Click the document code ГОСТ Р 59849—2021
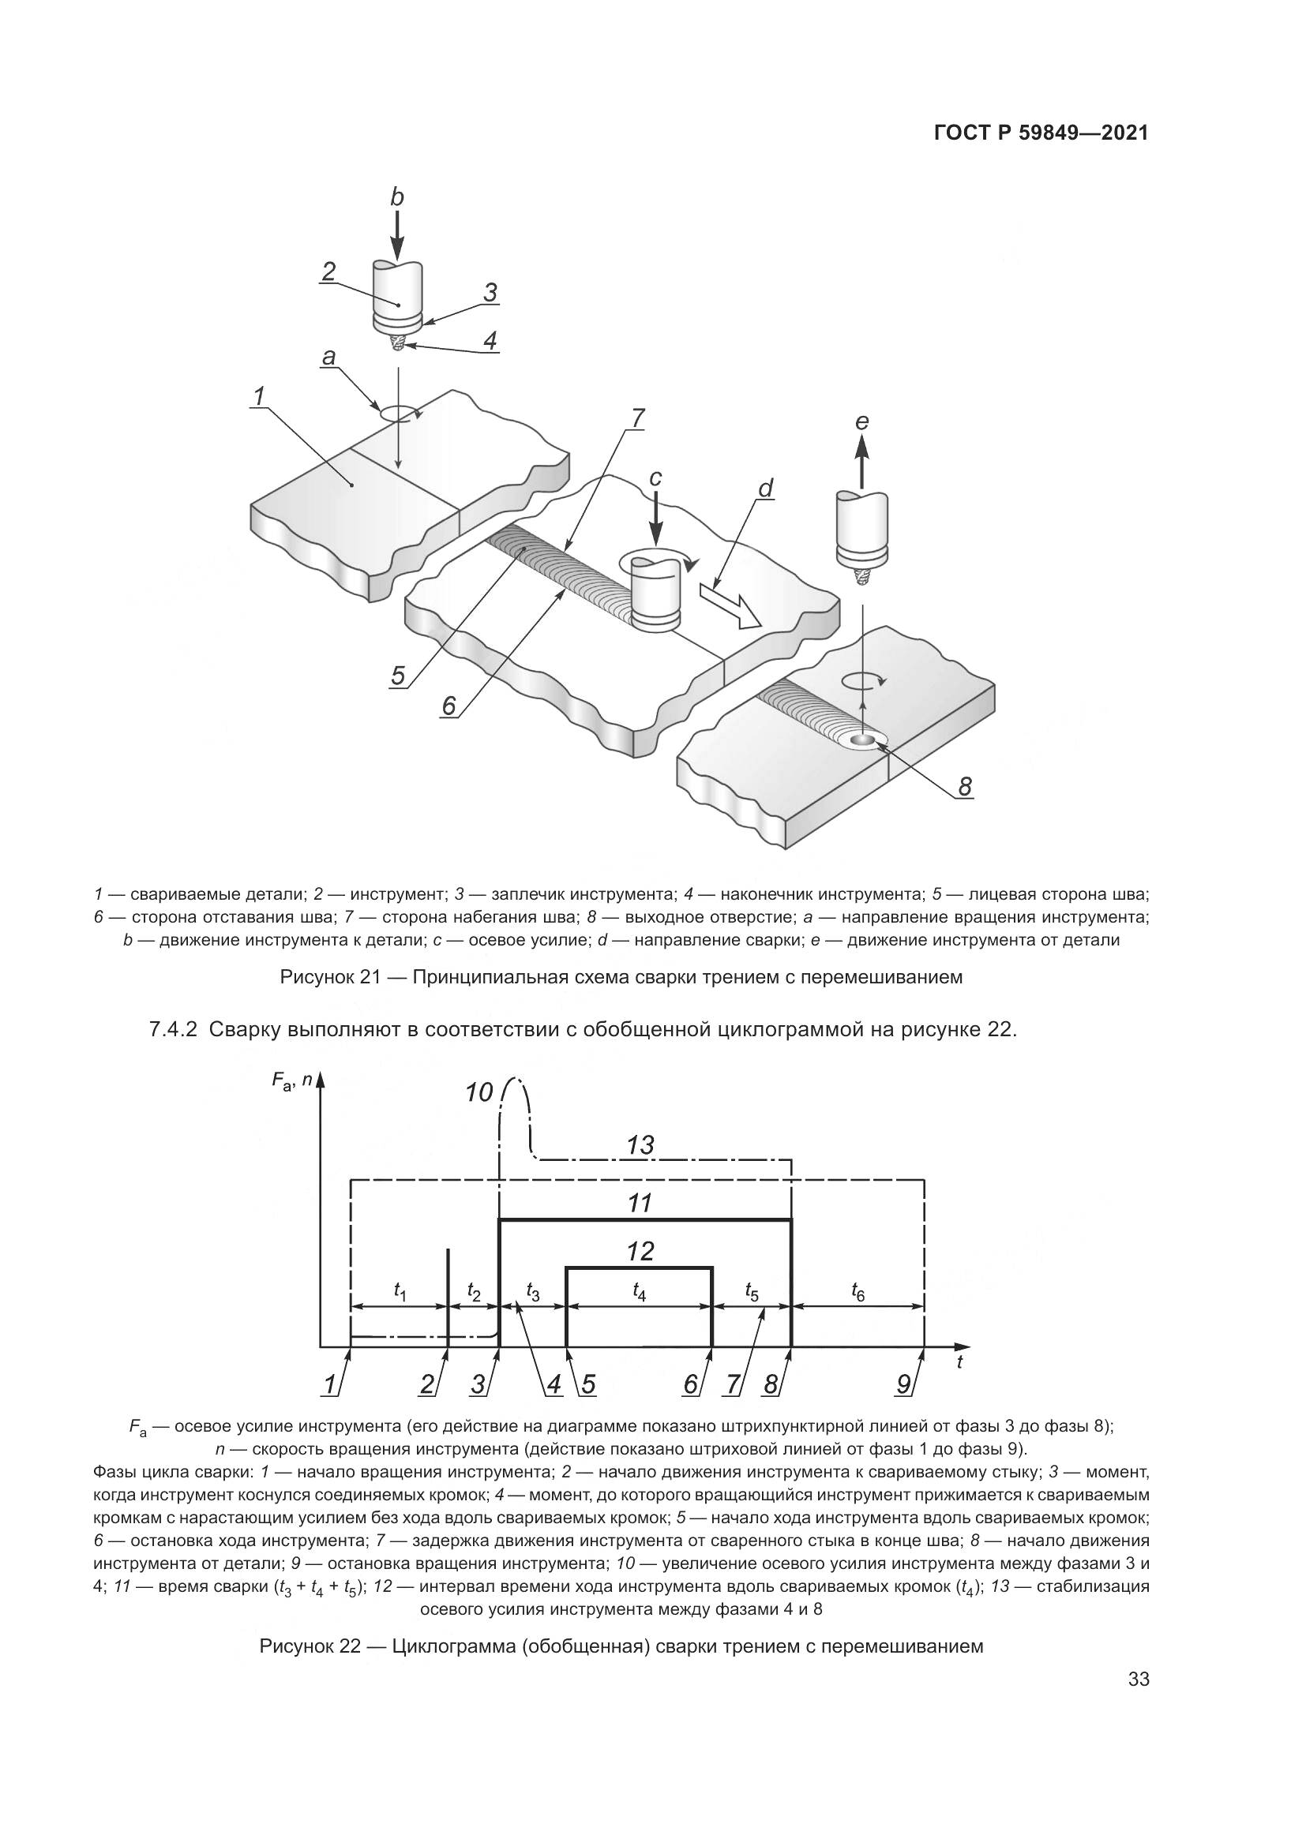(x=1041, y=133)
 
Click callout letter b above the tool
(x=396, y=197)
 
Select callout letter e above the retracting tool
(x=862, y=422)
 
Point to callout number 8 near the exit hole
(x=965, y=787)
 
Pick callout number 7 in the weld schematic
(x=637, y=418)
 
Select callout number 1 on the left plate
(x=259, y=395)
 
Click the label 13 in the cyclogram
(x=640, y=1145)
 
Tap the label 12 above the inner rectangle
(x=640, y=1251)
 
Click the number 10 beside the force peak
(x=479, y=1092)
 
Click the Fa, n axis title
(x=292, y=1084)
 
